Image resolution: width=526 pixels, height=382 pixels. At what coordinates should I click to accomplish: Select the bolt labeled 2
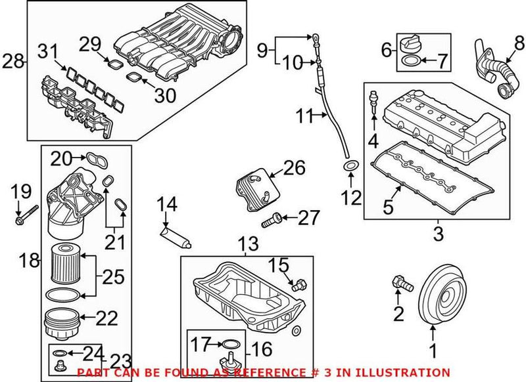click(x=399, y=283)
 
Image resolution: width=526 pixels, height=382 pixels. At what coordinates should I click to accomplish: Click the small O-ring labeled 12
click(x=352, y=164)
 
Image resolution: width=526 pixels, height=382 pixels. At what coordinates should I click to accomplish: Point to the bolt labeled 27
click(x=271, y=221)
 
